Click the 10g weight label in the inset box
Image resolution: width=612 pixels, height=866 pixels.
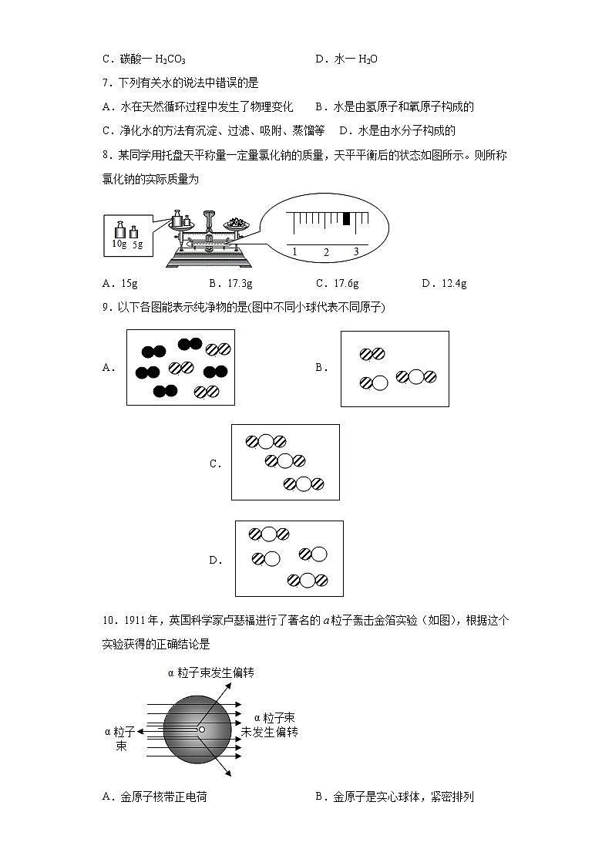tap(119, 244)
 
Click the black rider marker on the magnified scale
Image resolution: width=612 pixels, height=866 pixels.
tap(346, 219)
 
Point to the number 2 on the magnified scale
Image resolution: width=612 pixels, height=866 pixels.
tap(325, 252)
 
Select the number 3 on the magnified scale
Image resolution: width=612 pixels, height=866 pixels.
tap(356, 252)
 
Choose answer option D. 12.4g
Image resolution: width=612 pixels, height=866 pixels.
tap(444, 283)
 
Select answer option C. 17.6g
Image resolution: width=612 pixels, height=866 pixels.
tap(337, 283)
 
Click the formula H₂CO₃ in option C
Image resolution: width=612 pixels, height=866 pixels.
tap(170, 59)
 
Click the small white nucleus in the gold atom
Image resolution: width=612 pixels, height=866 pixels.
tap(202, 729)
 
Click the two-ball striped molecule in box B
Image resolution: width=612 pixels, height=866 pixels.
tap(372, 354)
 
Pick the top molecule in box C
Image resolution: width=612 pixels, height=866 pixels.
tap(266, 442)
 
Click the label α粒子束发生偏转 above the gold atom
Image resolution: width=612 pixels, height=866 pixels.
tap(210, 672)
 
